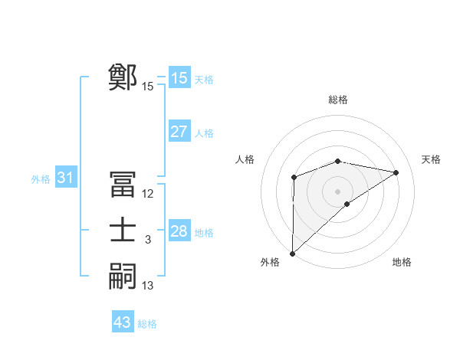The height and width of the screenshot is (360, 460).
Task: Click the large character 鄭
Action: click(x=123, y=77)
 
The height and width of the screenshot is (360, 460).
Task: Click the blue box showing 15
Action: click(x=179, y=78)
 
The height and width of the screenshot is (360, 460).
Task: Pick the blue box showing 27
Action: click(x=179, y=132)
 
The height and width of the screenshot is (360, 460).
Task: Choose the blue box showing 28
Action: click(x=179, y=231)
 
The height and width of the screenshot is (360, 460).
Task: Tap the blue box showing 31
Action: click(x=65, y=178)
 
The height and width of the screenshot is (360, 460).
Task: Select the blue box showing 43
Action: click(x=123, y=322)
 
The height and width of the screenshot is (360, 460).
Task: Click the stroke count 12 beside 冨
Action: click(x=148, y=194)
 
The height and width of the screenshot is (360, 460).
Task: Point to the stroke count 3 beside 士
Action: click(x=148, y=240)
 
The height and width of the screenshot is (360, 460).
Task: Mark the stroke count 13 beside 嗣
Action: click(x=148, y=286)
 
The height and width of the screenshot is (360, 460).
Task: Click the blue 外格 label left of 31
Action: click(x=41, y=179)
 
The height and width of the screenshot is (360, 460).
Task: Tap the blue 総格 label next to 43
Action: click(x=147, y=323)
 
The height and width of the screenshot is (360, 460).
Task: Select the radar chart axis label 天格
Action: click(x=431, y=159)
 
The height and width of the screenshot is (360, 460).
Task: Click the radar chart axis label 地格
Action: click(x=402, y=262)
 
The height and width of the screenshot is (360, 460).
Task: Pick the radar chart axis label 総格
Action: click(x=337, y=100)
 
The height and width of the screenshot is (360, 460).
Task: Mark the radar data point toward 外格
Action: click(x=292, y=253)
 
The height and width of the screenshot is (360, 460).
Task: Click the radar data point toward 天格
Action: click(x=396, y=172)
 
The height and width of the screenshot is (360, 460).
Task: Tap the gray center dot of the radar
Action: click(x=337, y=191)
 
